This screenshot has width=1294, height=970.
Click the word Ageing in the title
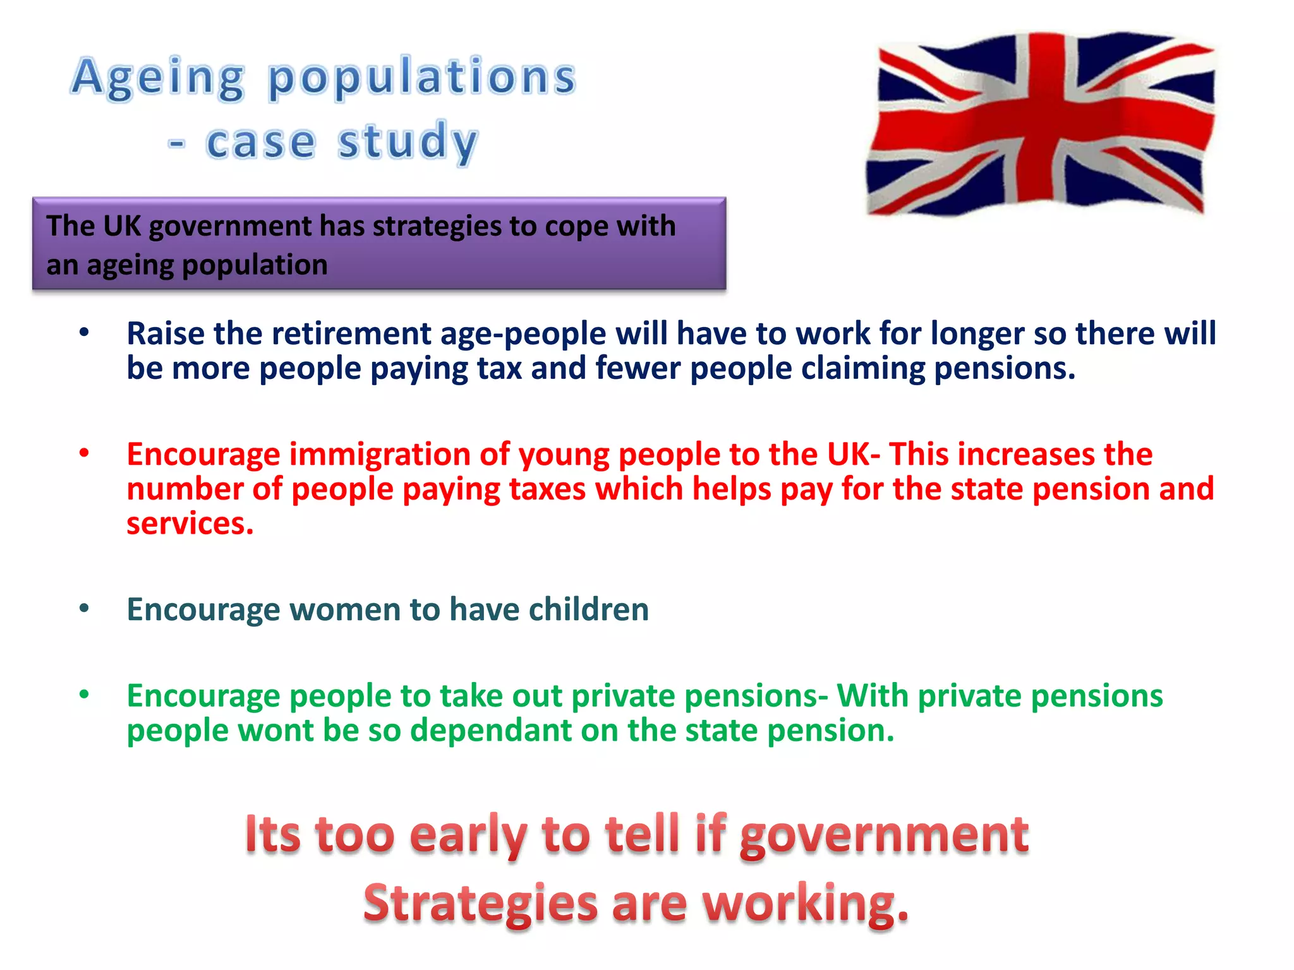coord(158,78)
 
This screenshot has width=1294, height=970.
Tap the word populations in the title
coord(422,78)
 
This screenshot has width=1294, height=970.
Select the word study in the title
coord(408,141)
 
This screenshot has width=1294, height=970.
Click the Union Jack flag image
coord(1040,124)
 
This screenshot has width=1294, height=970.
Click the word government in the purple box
coord(230,226)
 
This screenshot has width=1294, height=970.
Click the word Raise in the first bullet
coord(166,333)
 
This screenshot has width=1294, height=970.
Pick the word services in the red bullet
coord(190,524)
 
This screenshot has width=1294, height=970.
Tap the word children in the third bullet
coord(588,609)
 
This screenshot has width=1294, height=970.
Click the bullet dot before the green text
coord(84,695)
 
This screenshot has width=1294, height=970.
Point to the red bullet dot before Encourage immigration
coord(84,453)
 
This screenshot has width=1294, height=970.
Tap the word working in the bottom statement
coord(805,903)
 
